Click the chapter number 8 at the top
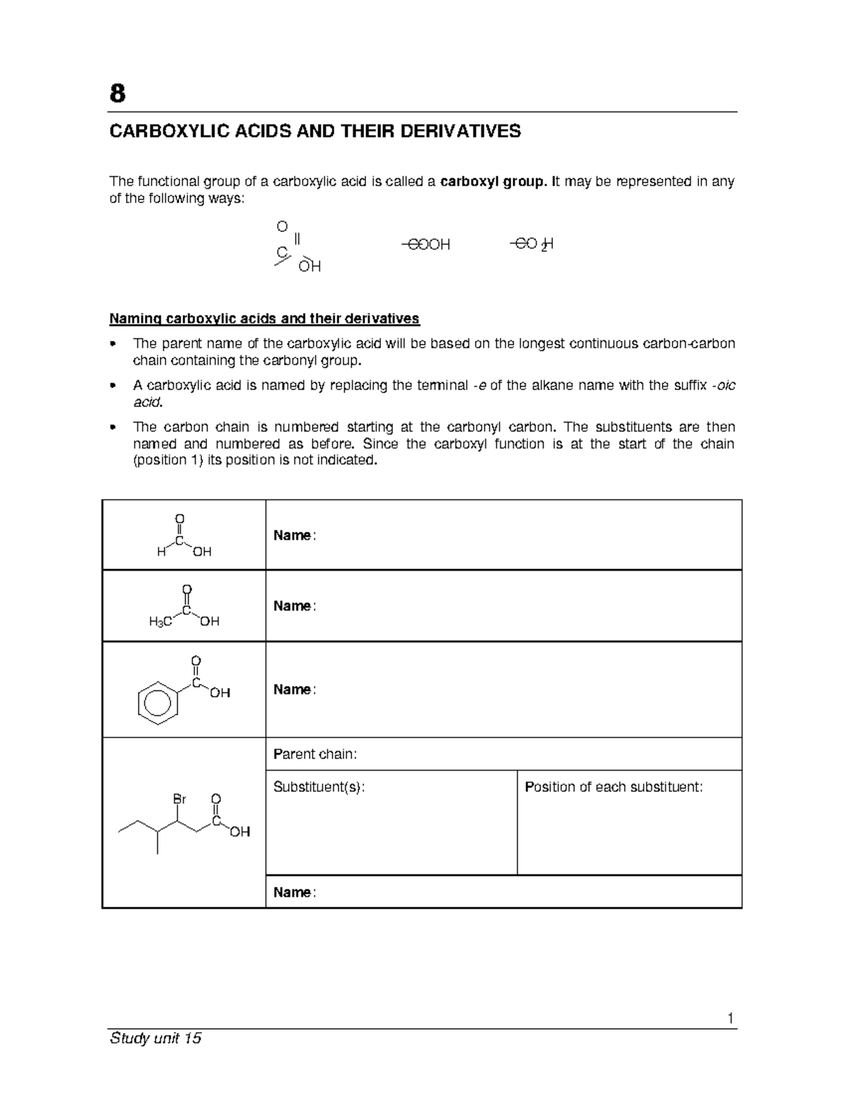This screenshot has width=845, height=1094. [x=118, y=93]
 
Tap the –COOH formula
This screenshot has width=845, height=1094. [x=425, y=244]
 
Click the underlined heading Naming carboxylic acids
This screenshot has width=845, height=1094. [x=264, y=318]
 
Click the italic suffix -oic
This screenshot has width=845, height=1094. [x=725, y=385]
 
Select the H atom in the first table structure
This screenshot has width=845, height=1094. [x=161, y=552]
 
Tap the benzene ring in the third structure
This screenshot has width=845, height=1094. [x=155, y=702]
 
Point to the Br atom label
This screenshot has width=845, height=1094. [x=180, y=799]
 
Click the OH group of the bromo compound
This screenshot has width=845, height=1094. [x=240, y=832]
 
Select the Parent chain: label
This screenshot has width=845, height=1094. [x=315, y=754]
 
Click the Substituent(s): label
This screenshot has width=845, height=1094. [x=319, y=787]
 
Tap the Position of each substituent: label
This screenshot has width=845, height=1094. [x=613, y=787]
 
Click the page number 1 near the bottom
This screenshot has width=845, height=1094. [x=730, y=1018]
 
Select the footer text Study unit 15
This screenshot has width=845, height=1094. [x=156, y=1038]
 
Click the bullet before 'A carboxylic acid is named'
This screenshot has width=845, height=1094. [x=113, y=386]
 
